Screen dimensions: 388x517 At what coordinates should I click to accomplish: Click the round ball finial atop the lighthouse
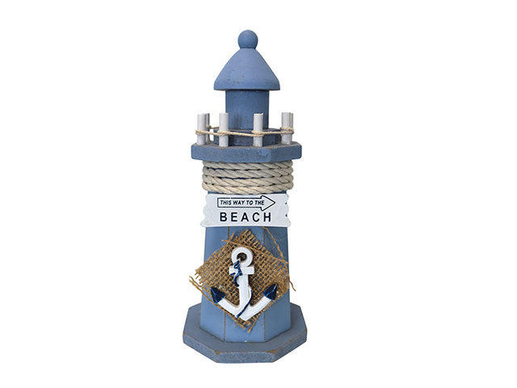tap(247, 40)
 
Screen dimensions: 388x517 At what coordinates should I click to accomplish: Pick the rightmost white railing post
tap(287, 128)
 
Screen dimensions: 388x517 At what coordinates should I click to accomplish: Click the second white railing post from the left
tap(224, 130)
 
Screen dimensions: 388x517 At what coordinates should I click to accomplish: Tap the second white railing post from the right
tap(258, 130)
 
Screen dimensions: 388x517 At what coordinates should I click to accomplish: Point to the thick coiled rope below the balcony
tap(247, 176)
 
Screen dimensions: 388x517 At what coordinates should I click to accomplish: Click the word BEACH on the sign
tap(246, 217)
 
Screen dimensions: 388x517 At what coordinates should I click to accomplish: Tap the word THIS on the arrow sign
tap(227, 202)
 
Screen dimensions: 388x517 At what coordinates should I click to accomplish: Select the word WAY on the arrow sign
tap(242, 202)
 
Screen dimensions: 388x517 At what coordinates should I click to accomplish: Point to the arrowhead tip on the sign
tap(274, 202)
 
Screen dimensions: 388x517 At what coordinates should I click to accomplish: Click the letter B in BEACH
tap(225, 217)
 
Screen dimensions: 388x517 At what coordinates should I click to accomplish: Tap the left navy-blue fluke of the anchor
tap(216, 295)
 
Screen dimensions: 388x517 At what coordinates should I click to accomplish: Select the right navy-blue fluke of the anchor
tap(271, 291)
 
